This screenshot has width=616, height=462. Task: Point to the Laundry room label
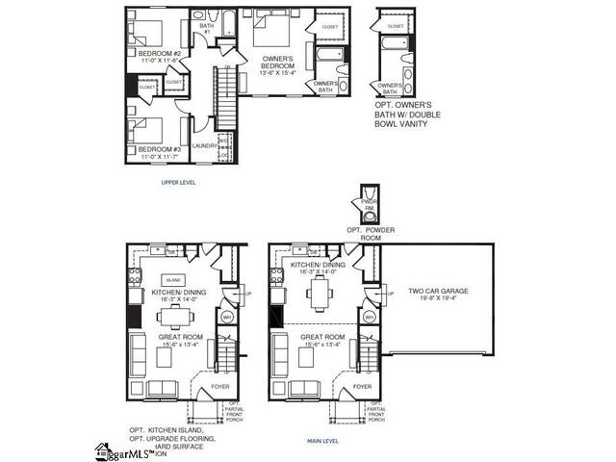click(x=204, y=146)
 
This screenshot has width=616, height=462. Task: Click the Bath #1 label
click(x=206, y=30)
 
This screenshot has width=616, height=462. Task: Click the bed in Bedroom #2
click(x=145, y=26)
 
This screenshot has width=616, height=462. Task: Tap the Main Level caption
click(x=322, y=441)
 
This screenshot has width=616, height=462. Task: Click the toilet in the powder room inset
click(x=367, y=216)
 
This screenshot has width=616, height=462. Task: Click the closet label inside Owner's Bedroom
click(x=329, y=27)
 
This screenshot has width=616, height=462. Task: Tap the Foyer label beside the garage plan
click(x=362, y=386)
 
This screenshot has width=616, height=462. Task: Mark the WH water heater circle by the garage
click(x=369, y=317)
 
